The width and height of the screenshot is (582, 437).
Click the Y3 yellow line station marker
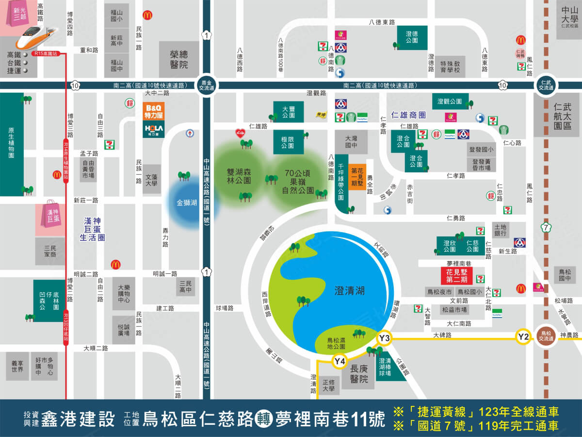tap(384, 337)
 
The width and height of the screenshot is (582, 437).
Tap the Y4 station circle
tap(339, 361)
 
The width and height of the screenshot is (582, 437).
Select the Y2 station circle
tap(523, 336)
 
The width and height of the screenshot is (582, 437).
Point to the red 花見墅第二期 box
tap(456, 276)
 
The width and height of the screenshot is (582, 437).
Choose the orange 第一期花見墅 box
tap(357, 177)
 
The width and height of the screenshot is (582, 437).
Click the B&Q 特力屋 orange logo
tap(153, 112)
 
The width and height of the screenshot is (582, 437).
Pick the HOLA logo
tap(153, 129)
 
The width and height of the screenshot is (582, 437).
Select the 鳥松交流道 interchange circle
tap(546, 336)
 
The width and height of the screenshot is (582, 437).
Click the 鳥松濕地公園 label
tap(336, 343)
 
